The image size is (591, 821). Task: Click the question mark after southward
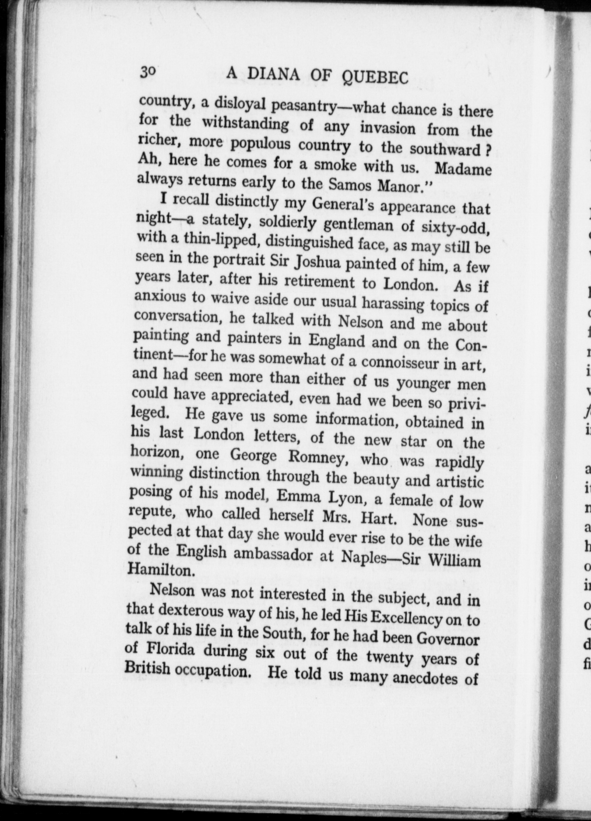pyautogui.click(x=488, y=150)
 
